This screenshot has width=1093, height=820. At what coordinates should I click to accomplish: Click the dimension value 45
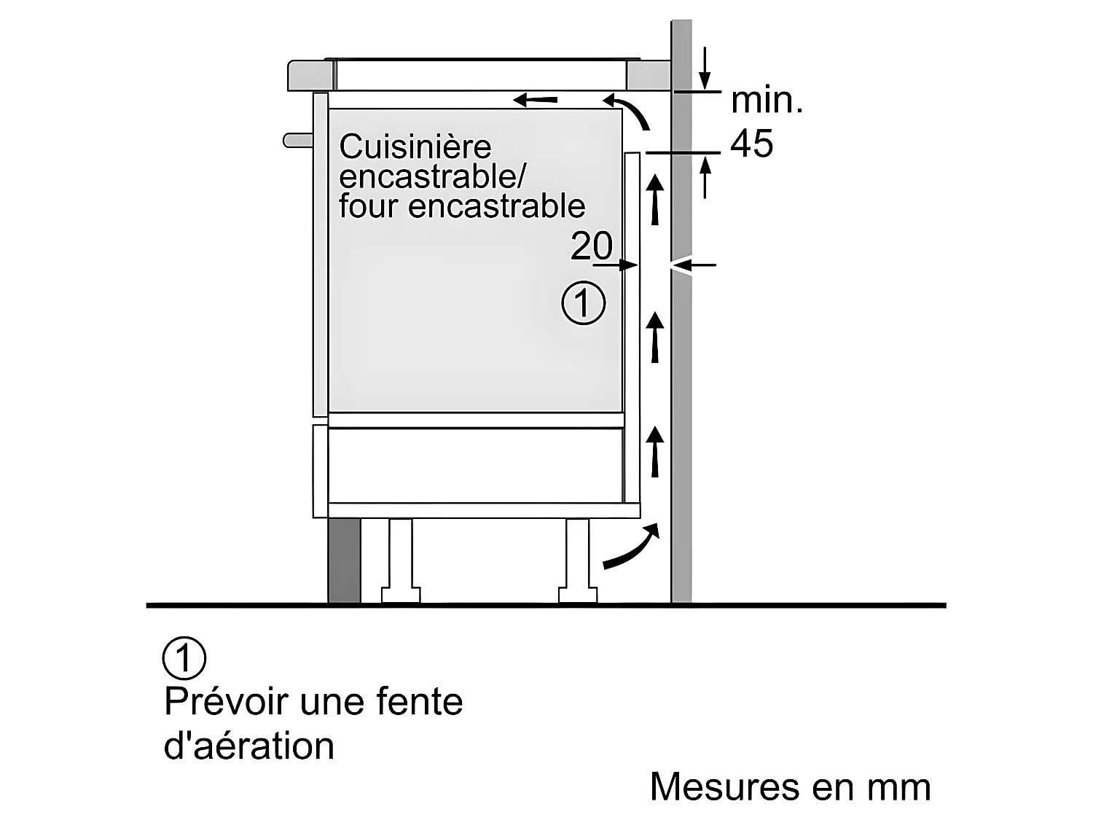(751, 144)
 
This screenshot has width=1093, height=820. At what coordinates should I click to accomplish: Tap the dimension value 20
(592, 246)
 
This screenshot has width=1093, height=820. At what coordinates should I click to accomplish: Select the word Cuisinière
(415, 147)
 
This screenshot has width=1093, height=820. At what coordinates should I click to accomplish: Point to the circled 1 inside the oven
(584, 303)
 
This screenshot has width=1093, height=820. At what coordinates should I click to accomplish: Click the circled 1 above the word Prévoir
(184, 657)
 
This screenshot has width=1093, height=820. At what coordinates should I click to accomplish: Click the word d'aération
(249, 746)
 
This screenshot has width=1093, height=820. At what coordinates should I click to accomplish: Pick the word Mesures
(724, 786)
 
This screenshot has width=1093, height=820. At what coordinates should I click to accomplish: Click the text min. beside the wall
(767, 101)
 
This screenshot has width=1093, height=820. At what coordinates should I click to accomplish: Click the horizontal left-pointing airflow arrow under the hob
(535, 100)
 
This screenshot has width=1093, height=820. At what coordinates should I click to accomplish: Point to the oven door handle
(298, 140)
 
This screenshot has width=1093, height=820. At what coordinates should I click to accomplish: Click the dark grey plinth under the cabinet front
(344, 560)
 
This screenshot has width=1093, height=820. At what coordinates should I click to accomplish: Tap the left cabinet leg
(400, 561)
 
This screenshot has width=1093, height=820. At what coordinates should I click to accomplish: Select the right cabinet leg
(578, 561)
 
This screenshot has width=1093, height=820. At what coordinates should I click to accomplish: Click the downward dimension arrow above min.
(705, 69)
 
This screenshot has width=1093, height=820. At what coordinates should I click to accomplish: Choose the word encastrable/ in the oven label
(431, 176)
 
